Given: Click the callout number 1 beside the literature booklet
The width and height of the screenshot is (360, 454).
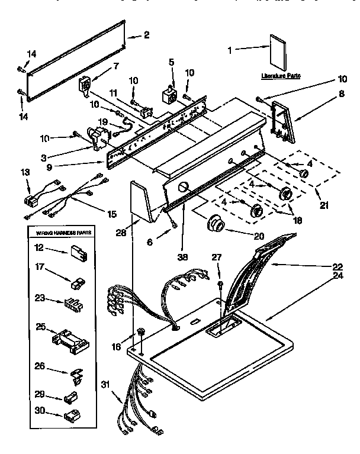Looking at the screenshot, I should (230, 50).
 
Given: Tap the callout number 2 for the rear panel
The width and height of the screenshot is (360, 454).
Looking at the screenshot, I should (147, 36).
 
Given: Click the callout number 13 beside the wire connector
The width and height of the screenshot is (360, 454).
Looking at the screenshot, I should (24, 172).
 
